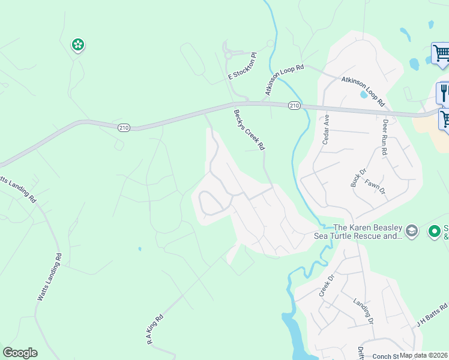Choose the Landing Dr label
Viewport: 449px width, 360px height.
tap(364, 311)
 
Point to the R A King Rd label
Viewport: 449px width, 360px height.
tap(154, 331)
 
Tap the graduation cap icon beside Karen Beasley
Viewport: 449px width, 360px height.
tap(412, 230)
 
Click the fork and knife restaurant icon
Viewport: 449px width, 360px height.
tap(444, 92)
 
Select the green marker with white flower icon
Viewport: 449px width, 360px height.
tap(77, 44)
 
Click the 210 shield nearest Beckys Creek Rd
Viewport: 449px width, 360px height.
tap(294, 106)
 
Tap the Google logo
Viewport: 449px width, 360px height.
tap(20, 353)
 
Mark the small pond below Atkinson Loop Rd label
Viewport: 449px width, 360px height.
tap(364, 94)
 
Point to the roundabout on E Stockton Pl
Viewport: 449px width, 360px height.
tap(229, 55)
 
